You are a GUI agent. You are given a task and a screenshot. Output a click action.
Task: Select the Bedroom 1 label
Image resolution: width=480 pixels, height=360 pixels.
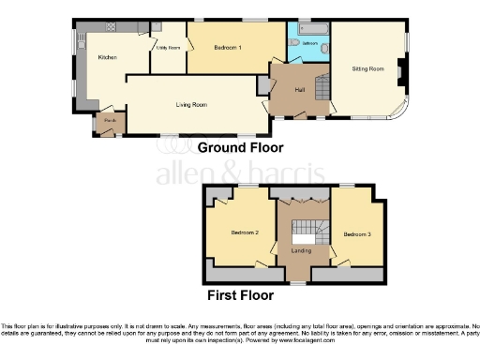coord(227,47)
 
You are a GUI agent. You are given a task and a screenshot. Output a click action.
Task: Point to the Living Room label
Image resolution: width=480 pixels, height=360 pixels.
coord(191,105)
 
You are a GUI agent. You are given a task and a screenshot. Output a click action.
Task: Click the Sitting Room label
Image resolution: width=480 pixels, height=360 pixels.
coord(367,68)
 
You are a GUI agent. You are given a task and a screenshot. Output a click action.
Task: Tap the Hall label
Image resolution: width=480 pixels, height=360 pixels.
coord(300,89)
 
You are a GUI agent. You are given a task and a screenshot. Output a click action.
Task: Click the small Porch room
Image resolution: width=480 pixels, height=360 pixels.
coord(110,123)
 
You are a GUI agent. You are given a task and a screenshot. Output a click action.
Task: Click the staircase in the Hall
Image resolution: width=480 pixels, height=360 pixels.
coord(319,89)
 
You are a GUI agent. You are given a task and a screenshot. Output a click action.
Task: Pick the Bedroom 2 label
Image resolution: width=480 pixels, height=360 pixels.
coord(245,232)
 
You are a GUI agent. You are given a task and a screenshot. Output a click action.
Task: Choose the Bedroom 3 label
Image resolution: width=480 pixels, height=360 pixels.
coord(355,233)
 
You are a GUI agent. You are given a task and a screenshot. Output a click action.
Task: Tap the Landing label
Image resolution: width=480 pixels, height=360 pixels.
coord(301,250)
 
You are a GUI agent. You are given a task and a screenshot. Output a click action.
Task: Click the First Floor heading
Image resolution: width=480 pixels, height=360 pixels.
coord(240,294)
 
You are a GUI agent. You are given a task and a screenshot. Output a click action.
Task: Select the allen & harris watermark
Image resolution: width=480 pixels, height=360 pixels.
coord(240,173)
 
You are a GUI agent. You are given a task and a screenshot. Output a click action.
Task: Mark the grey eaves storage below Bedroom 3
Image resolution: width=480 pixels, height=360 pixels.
coord(349,275)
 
